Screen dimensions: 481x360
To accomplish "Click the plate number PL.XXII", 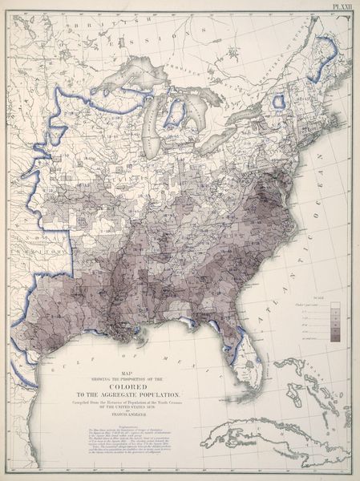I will point(340,6).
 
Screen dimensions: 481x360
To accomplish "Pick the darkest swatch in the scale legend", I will point(334,338).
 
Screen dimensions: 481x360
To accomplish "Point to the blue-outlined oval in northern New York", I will point(278,102).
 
